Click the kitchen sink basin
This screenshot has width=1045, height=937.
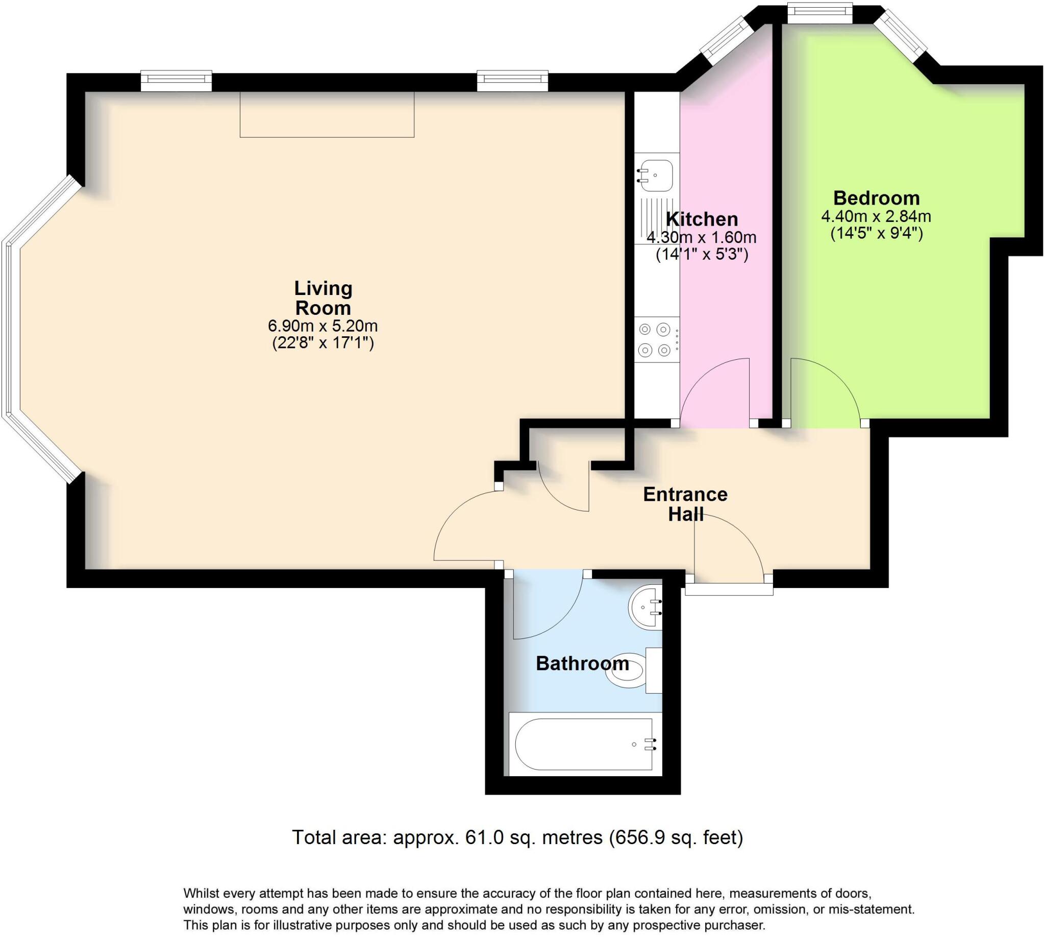pyautogui.click(x=655, y=175)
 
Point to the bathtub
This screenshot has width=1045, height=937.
pyautogui.click(x=585, y=745)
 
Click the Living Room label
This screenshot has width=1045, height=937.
pyautogui.click(x=323, y=298)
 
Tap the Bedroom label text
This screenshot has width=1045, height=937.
pyautogui.click(x=876, y=198)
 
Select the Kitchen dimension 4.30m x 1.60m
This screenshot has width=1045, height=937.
pyautogui.click(x=701, y=237)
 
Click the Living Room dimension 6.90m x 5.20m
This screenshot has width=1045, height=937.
pyautogui.click(x=323, y=326)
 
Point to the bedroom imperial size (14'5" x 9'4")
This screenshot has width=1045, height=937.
pyautogui.click(x=876, y=233)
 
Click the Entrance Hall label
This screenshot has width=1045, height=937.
pyautogui.click(x=685, y=504)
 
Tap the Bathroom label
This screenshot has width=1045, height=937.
pyautogui.click(x=582, y=663)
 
